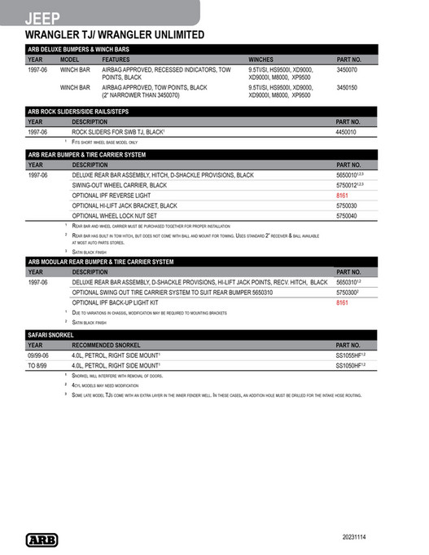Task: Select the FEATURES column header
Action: coord(116,59)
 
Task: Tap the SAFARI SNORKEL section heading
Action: coord(51,335)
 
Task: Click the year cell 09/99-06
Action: coord(38,356)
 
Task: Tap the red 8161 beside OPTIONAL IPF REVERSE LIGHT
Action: coord(342,196)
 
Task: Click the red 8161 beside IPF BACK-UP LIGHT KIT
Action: coord(342,302)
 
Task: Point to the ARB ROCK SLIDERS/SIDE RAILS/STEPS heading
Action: coord(78,111)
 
